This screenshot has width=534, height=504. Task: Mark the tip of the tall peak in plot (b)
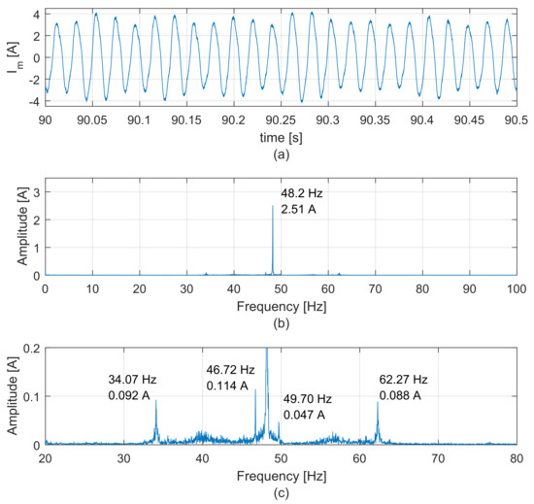click(x=273, y=206)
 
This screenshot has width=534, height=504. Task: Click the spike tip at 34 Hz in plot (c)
click(x=155, y=401)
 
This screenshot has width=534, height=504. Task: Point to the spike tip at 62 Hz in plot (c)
click(x=378, y=402)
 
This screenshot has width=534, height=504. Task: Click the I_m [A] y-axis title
click(x=14, y=56)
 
